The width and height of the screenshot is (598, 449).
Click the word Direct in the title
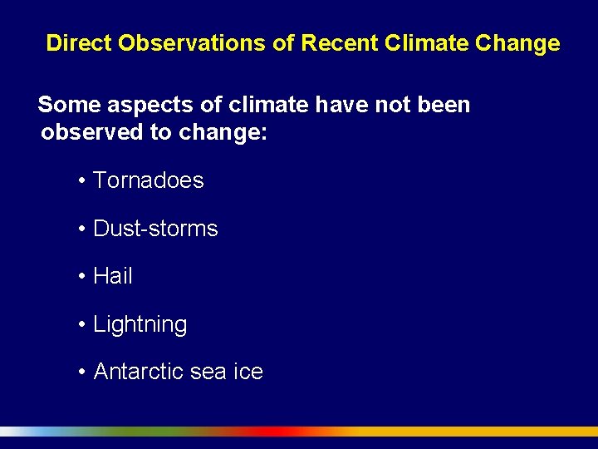pos(79,43)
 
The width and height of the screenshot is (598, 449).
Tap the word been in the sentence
pos(443,106)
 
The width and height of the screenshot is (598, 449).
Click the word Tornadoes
pos(148,180)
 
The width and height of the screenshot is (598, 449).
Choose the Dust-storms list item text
pos(155,229)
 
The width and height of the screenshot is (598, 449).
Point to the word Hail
pos(113,276)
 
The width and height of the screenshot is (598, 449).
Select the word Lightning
pos(140,325)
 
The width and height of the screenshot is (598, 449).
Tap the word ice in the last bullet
pos(248,372)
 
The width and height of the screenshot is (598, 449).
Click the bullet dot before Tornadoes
pos(82,181)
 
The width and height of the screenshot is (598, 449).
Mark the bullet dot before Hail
pos(82,277)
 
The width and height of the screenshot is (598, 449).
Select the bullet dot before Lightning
pos(82,325)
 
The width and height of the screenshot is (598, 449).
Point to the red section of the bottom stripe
pos(274,432)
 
